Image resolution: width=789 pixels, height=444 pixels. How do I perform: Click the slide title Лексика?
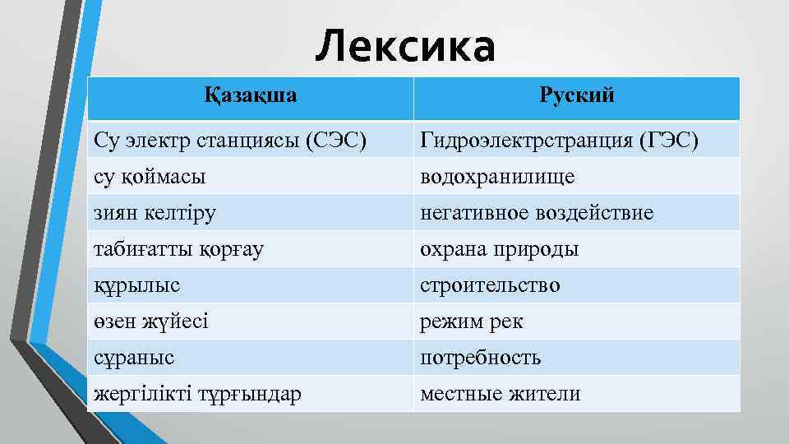point(405,46)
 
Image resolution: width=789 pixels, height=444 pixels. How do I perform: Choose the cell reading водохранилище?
point(497,177)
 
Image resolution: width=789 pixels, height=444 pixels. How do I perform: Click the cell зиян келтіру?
point(155,213)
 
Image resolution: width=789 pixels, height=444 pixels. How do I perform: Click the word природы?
point(538,249)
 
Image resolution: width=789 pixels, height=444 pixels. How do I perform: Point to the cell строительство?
point(491,285)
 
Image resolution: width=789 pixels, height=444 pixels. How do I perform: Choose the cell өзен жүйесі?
point(151,321)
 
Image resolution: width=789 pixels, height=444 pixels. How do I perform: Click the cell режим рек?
point(471,321)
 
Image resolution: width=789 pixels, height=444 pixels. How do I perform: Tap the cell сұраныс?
point(134,358)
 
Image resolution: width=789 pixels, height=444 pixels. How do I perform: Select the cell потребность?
point(480,358)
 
